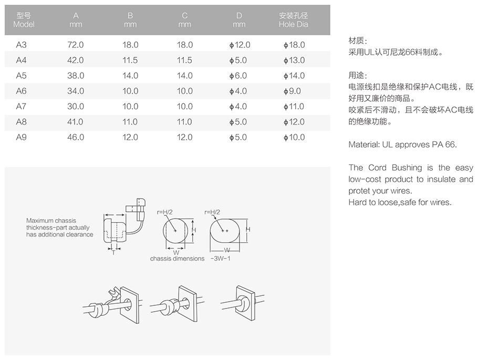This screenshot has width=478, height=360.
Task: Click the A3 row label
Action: coord(21,45)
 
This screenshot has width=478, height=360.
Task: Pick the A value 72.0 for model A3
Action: coord(76,45)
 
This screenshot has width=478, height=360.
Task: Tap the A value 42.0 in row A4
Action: coord(76,60)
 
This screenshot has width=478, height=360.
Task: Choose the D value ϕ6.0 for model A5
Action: coord(238,76)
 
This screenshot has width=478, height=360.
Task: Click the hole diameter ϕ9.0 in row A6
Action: coord(292,91)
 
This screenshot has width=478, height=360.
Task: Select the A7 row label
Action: coord(21,106)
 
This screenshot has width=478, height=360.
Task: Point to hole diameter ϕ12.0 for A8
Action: coord(294,122)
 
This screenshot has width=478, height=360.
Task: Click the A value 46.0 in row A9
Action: coord(76,137)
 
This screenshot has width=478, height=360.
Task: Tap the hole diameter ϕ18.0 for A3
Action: coord(294,45)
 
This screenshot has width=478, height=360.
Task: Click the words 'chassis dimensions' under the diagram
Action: coord(177,259)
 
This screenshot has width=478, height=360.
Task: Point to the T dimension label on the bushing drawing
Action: coord(113,253)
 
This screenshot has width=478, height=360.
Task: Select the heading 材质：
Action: coord(358,40)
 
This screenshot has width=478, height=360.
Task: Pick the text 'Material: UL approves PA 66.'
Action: coord(402,145)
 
